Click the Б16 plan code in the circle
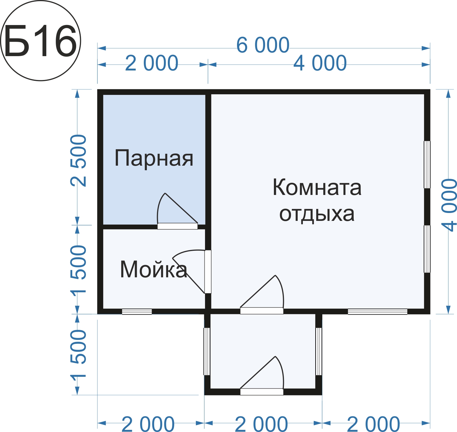coord(41,41)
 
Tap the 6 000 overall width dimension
coord(263,45)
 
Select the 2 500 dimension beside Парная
coord(78,161)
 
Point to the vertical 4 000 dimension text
coord(449,205)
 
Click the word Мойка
coord(154,269)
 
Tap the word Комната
coord(317,187)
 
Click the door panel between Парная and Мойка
coord(177,226)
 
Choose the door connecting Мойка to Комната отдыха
coord(208,272)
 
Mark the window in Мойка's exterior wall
coord(137,312)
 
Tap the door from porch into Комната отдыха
coord(262,311)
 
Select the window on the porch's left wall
coord(207,351)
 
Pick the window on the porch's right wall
coord(318,351)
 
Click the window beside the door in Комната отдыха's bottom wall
coord(377,312)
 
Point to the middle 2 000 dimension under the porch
coord(261,424)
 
